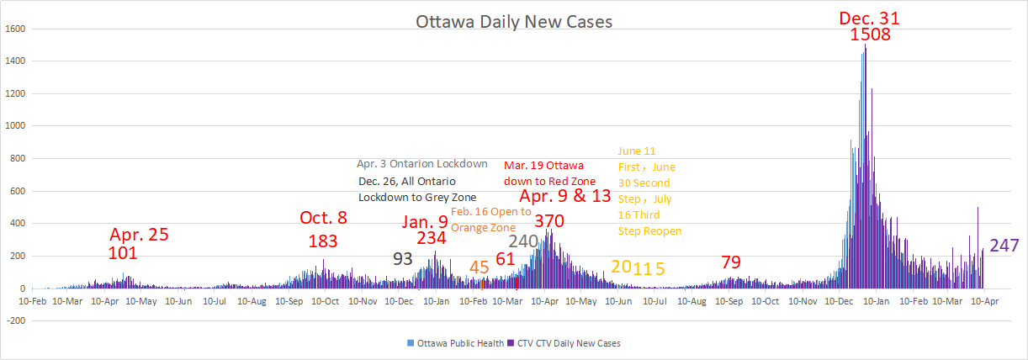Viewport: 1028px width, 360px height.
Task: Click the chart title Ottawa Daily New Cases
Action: point(514,21)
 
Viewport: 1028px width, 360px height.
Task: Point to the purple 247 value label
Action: point(1004,246)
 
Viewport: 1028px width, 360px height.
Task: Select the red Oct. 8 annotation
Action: point(323,218)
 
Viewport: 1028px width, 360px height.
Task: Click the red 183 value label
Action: point(323,241)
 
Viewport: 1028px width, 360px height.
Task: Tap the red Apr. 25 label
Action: point(140,235)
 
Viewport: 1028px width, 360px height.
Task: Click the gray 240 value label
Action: point(522,241)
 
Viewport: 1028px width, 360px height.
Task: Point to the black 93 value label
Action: point(403,259)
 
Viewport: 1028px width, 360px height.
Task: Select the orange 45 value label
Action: point(479,267)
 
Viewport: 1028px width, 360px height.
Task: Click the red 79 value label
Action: point(730,262)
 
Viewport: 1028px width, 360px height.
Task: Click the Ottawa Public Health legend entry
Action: point(453,343)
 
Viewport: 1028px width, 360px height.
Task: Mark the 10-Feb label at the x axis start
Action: point(32,300)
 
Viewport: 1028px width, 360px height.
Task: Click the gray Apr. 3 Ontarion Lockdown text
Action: point(421,164)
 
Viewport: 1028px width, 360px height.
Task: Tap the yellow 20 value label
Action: point(621,267)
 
